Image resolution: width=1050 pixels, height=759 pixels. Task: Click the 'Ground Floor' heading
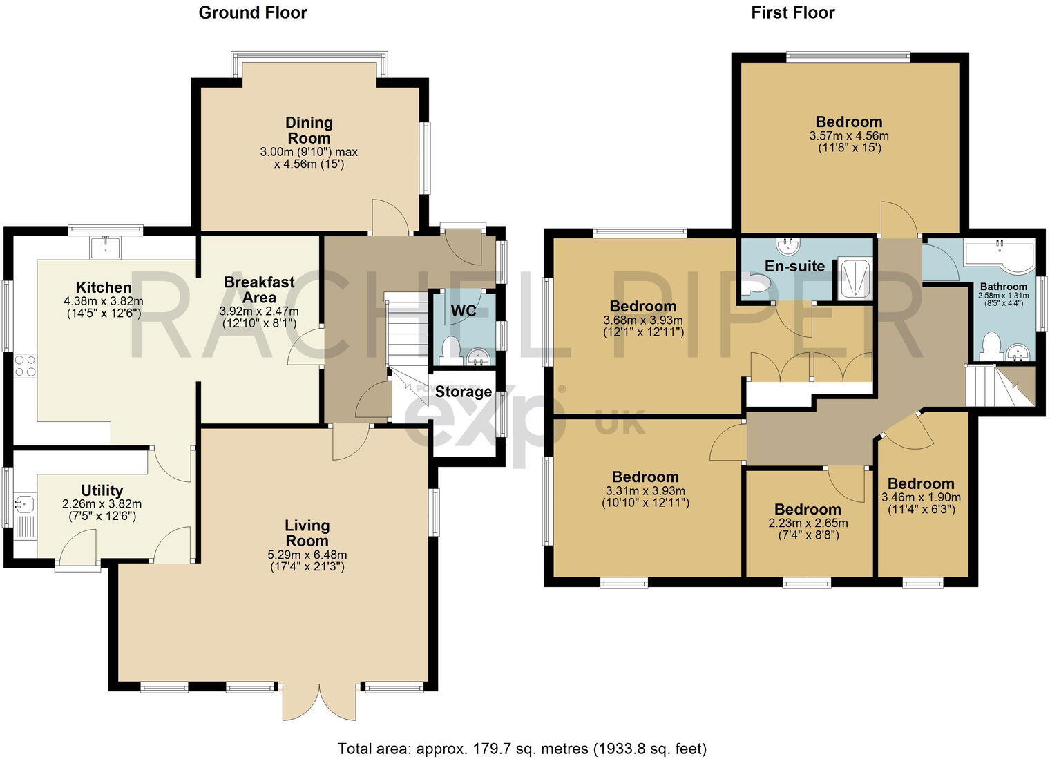click(x=253, y=12)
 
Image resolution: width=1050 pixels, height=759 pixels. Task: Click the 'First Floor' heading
click(x=793, y=12)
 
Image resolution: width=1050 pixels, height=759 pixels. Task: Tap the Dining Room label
click(x=309, y=131)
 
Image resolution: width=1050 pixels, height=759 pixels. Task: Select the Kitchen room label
click(x=104, y=287)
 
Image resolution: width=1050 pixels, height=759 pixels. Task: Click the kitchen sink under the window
click(x=105, y=247)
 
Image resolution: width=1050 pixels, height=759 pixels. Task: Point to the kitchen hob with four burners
click(x=25, y=365)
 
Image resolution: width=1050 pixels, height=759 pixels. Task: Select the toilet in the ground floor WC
click(x=450, y=348)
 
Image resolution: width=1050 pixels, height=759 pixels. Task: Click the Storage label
click(x=463, y=392)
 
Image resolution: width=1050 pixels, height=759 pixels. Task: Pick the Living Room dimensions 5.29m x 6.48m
click(x=307, y=555)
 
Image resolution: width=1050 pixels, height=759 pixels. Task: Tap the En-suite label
click(x=794, y=266)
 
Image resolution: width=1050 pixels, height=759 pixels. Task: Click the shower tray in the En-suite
click(x=855, y=278)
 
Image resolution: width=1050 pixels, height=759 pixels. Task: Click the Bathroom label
click(x=1003, y=286)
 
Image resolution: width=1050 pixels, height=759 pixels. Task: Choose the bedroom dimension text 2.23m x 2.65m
click(x=808, y=523)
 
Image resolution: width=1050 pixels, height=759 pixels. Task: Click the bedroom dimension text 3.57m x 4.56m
click(x=849, y=136)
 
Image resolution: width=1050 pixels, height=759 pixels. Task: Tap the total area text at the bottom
click(x=522, y=748)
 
